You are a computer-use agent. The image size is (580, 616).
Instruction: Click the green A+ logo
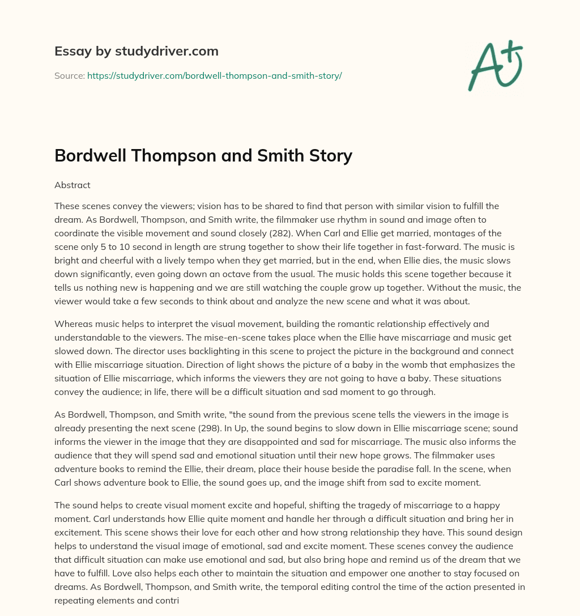494,66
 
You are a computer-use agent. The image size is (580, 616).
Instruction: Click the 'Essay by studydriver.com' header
137,51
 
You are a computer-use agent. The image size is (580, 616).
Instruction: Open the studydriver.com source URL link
214,75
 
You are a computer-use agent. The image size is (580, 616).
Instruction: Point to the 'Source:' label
69,75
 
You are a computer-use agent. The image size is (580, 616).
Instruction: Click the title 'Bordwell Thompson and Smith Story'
203,155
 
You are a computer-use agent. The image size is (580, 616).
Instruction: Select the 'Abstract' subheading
72,185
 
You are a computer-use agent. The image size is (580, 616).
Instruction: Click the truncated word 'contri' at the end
168,601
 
